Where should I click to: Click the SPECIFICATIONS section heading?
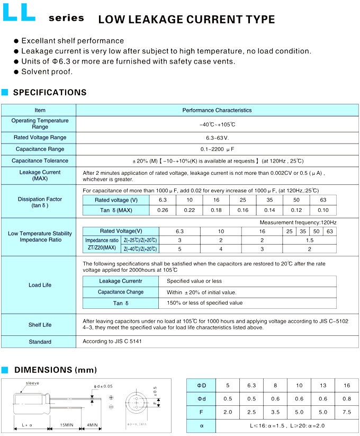point(49,93)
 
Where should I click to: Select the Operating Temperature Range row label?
point(40,124)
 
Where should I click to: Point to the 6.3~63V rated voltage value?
point(217,137)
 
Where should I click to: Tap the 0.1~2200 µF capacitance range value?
point(217,149)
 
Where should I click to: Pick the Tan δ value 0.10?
point(323,210)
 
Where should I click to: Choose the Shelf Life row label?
point(40,325)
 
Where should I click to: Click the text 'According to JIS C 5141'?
point(112,341)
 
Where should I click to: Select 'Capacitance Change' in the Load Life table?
point(121,292)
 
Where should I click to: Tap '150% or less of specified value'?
point(205,303)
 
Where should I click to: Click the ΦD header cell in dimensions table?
point(202,385)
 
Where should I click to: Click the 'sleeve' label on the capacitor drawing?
point(33,382)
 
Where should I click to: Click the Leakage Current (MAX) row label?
point(40,175)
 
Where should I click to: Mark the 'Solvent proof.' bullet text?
point(47,72)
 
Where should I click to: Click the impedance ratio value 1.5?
point(309,240)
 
